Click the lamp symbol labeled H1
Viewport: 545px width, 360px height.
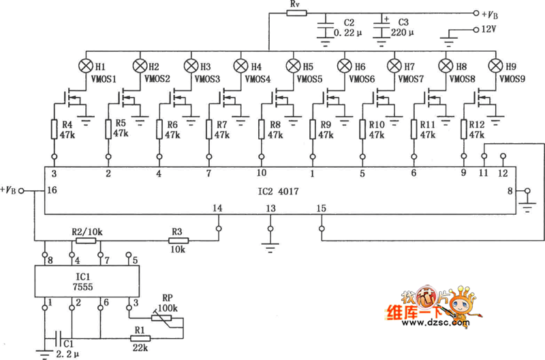(x=87, y=66)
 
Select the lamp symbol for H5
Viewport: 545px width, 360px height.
(x=294, y=66)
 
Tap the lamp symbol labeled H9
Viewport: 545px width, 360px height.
(x=497, y=66)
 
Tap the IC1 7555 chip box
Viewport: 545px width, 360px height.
(x=87, y=281)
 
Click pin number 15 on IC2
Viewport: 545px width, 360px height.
(x=322, y=207)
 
